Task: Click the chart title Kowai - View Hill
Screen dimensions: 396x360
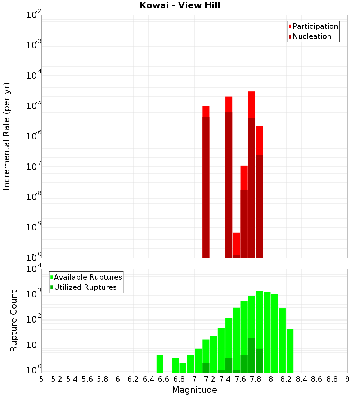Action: [180, 5]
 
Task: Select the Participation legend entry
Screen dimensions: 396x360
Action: [315, 26]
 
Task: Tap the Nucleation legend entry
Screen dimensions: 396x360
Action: [312, 36]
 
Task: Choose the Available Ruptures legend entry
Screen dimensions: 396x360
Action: [88, 277]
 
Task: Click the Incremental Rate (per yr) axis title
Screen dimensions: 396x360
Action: [7, 136]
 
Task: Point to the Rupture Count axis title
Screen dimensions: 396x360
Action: [14, 321]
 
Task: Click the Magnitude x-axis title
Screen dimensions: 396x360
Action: [194, 390]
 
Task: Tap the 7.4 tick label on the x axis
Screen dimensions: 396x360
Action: [225, 379]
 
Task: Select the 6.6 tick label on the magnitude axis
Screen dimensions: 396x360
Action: [164, 379]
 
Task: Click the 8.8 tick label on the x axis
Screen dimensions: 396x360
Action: [332, 379]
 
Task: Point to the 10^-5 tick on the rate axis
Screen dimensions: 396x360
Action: [33, 106]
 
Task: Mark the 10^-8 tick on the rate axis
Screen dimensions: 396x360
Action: [33, 197]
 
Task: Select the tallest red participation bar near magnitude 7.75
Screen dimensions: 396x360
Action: [252, 104]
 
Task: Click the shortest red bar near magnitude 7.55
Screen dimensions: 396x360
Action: [237, 243]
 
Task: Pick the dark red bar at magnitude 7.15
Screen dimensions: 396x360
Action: [206, 187]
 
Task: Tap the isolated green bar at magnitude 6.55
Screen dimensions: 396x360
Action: [160, 364]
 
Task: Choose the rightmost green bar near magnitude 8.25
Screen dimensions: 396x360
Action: [290, 351]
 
